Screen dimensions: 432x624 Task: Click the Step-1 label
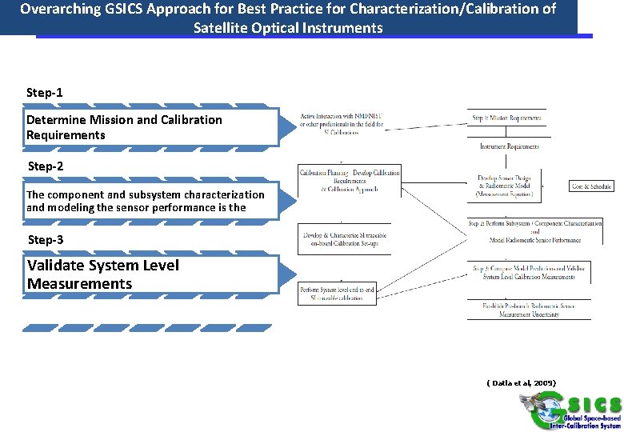45,93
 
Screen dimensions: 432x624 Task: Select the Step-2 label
46,166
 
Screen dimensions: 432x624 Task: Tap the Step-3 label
46,240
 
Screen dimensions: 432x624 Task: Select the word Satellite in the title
220,28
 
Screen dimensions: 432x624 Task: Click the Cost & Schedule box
592,186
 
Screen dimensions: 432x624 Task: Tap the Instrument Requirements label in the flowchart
509,146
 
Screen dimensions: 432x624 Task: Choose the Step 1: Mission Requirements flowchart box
506,118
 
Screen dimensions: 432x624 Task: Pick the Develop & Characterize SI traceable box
344,238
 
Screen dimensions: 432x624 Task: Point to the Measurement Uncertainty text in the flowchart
528,314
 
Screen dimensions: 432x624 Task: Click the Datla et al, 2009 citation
521,383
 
